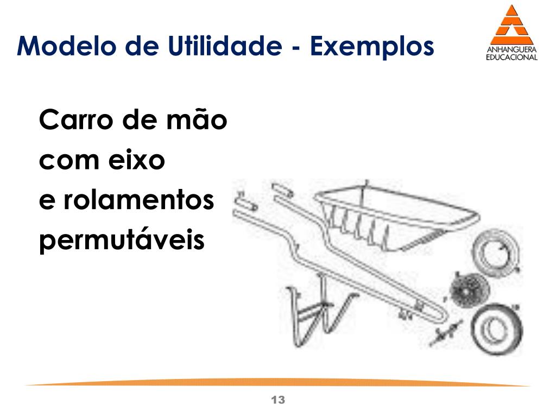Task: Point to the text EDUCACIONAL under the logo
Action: [511, 57]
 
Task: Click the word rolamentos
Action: [139, 201]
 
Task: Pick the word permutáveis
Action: [122, 241]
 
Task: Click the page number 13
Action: [277, 401]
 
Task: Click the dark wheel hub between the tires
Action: [466, 290]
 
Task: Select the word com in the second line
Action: [63, 161]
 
